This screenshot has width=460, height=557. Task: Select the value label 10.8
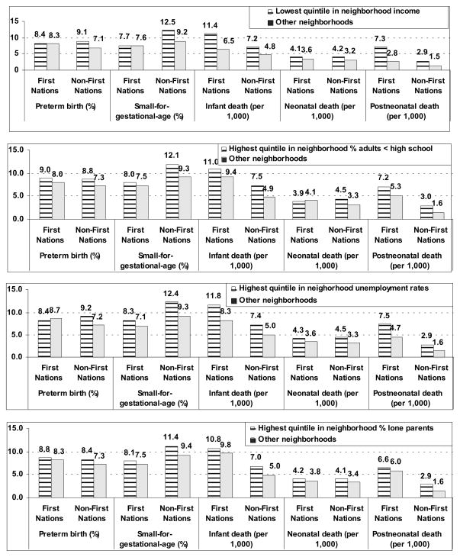[x=214, y=440]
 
